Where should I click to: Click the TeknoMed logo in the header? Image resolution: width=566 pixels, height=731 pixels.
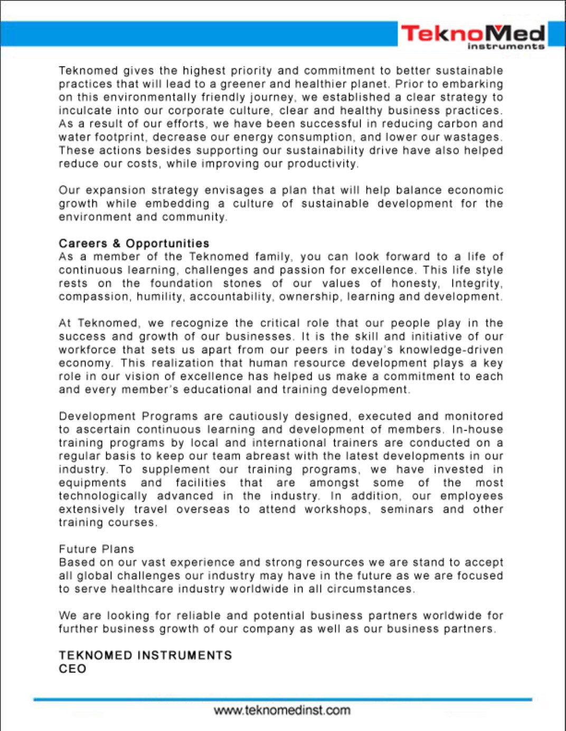(473, 33)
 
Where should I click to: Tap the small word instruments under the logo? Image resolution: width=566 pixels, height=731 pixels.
(506, 46)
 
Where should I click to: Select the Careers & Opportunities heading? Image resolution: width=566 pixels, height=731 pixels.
(134, 243)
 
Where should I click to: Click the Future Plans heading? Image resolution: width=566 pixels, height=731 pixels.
(97, 549)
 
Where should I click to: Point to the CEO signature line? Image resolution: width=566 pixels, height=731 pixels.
(72, 669)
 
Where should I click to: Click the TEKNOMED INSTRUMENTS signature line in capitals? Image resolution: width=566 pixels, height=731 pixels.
(145, 656)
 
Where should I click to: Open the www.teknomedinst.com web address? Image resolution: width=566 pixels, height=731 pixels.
(282, 710)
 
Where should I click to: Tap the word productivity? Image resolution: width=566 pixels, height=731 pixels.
(322, 164)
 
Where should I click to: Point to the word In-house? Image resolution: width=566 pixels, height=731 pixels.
(470, 430)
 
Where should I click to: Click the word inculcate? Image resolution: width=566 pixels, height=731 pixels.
(84, 111)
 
